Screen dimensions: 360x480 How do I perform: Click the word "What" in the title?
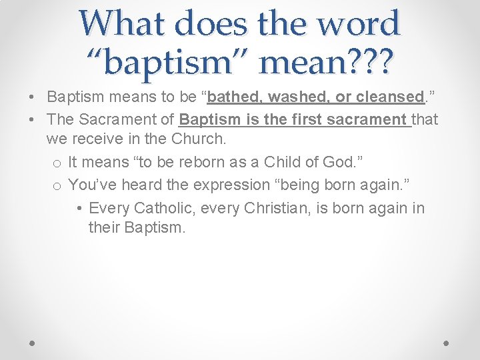[x=125, y=23]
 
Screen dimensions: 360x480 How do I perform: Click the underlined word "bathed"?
[x=235, y=97]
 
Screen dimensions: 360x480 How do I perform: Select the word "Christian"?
[x=275, y=208]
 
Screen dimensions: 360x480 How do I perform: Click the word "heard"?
[x=138, y=185]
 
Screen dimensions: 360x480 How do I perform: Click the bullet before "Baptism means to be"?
[x=32, y=97]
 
